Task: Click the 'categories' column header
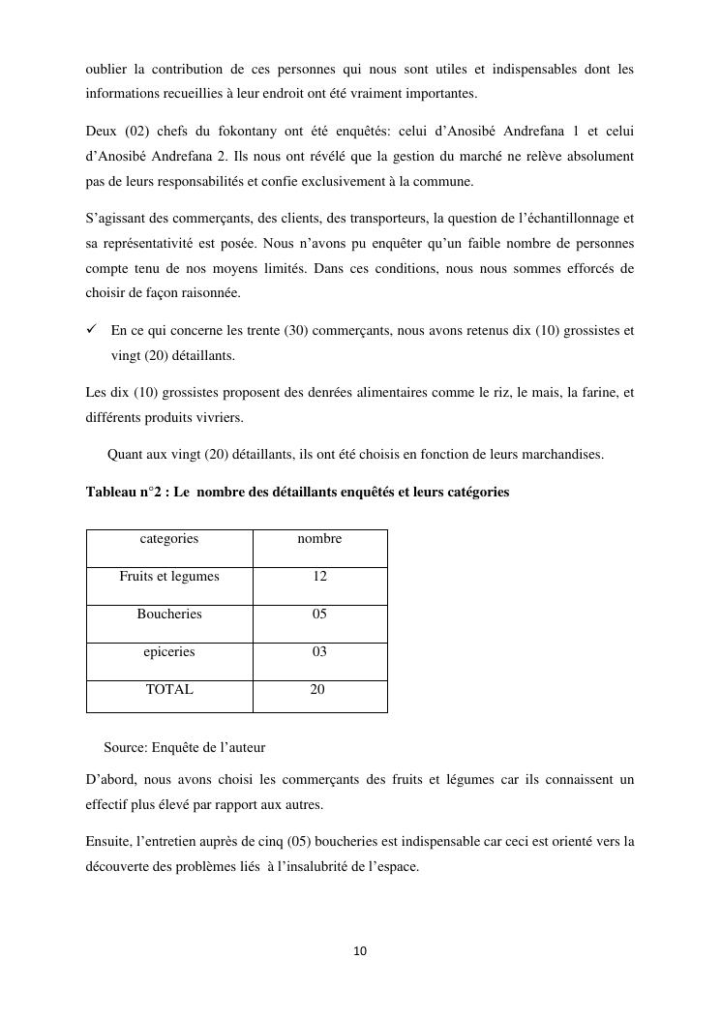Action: point(169,539)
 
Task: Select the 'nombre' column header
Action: point(319,539)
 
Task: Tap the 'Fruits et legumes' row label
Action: point(169,577)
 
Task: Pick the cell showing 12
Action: point(319,577)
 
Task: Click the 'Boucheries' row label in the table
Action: point(169,614)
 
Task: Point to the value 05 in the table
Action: point(319,614)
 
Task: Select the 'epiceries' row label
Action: point(169,652)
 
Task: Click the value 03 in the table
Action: point(319,652)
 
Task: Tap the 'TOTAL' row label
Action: point(169,690)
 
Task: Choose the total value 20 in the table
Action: point(317,690)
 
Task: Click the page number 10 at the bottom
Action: point(360,951)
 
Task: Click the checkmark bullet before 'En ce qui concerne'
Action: point(92,331)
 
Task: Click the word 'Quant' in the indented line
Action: point(124,454)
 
